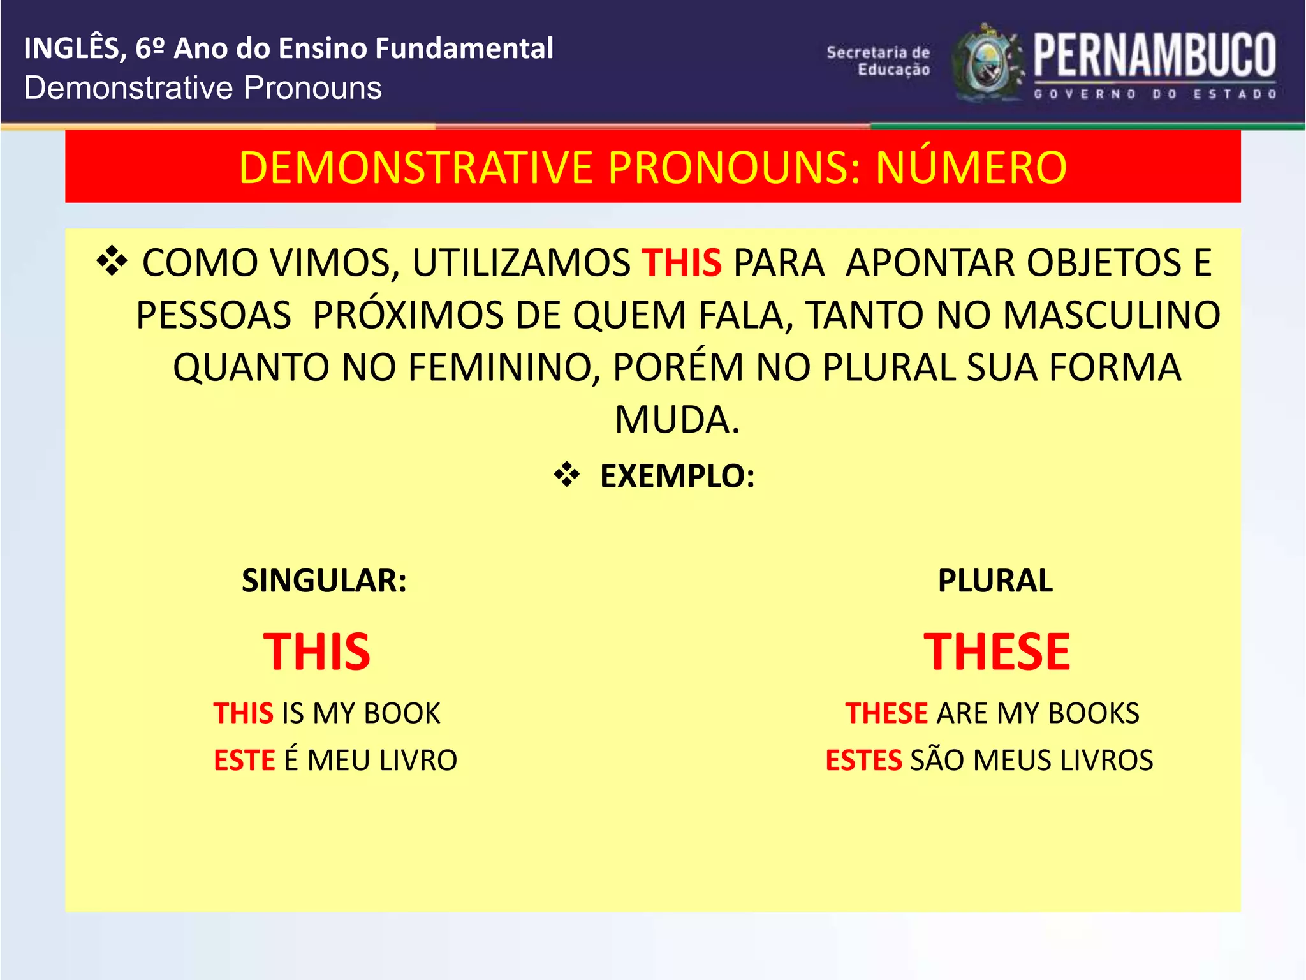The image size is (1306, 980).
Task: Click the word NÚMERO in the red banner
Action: [971, 168]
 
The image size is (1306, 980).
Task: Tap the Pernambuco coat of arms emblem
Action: [987, 63]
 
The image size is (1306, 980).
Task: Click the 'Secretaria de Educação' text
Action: [879, 61]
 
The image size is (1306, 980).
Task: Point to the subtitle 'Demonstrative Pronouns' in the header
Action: [203, 88]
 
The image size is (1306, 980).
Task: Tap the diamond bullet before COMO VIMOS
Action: [112, 262]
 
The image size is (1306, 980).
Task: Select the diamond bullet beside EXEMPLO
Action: [566, 475]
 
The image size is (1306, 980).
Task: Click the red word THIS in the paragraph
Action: [681, 263]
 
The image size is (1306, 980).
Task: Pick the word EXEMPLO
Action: [676, 476]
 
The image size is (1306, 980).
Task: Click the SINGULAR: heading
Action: [324, 581]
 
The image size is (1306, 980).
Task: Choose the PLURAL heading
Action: [995, 581]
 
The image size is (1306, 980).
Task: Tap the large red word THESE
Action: [997, 652]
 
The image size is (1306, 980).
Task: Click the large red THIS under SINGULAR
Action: [317, 652]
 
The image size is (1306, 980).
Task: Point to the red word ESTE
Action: [244, 761]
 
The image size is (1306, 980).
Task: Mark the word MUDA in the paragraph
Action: [676, 420]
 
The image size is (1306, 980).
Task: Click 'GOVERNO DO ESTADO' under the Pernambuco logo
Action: [1154, 94]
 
